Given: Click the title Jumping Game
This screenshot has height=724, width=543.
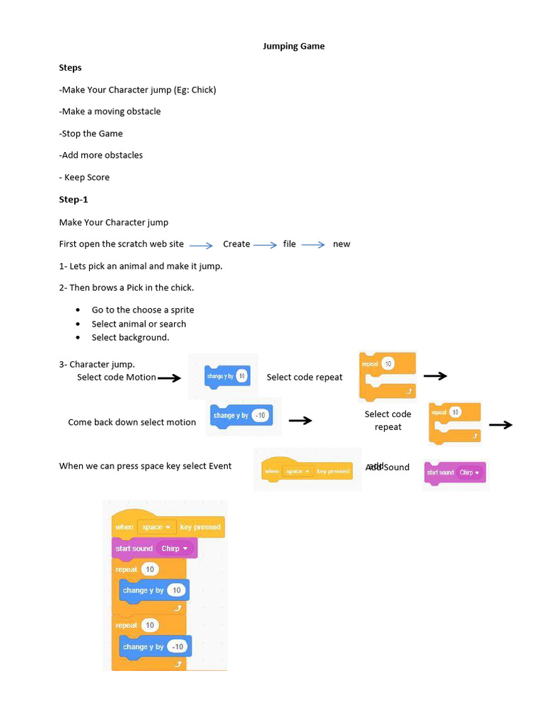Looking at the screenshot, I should [x=293, y=47].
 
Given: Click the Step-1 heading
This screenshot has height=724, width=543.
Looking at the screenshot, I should [x=74, y=200].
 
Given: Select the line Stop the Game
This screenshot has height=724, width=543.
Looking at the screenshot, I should [x=91, y=134].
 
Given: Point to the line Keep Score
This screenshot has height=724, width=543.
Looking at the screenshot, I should [x=86, y=177].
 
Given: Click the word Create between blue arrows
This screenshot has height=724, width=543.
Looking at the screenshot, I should [x=236, y=244].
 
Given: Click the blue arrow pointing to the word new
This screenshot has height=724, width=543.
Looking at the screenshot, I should [x=313, y=245].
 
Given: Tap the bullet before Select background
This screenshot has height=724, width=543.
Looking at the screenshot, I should [x=77, y=338].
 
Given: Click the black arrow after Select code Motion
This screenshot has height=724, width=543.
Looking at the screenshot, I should [x=169, y=378].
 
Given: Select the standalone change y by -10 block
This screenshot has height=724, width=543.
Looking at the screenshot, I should [x=240, y=416].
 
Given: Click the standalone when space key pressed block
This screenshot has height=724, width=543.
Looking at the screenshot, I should [x=307, y=471].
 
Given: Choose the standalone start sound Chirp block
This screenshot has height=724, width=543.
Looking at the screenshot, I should [x=455, y=472].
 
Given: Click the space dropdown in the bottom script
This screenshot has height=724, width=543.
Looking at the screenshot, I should [x=156, y=527].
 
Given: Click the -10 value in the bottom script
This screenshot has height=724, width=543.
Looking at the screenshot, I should [x=177, y=647].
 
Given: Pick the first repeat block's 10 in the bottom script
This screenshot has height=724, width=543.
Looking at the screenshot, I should [x=150, y=569].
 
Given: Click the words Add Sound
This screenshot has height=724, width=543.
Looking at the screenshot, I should [x=387, y=467].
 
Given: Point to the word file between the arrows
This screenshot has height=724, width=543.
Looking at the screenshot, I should [x=289, y=244].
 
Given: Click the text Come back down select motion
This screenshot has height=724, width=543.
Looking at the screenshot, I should [x=132, y=423].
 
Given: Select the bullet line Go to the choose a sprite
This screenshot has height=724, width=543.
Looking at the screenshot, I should [x=143, y=310].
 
